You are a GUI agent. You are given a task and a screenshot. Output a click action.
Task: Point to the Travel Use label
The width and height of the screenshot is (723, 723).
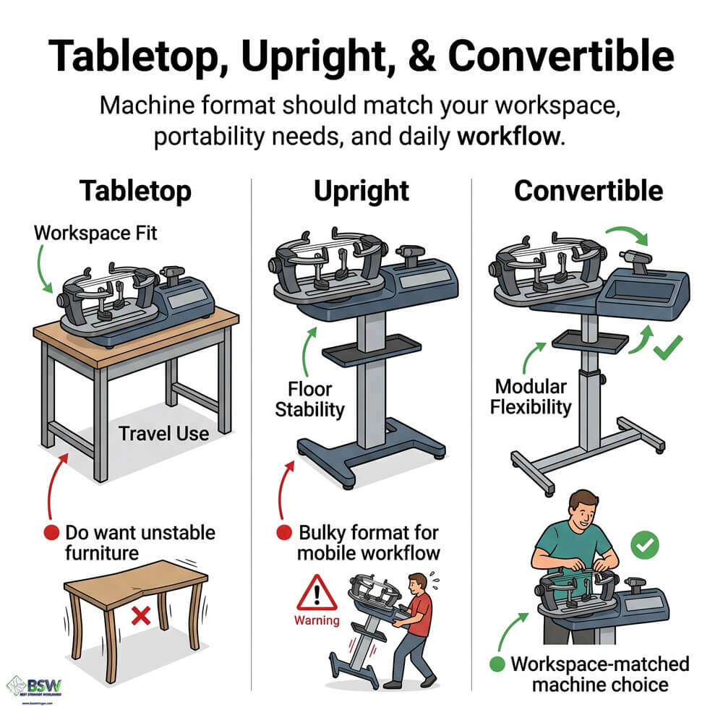pos(163,434)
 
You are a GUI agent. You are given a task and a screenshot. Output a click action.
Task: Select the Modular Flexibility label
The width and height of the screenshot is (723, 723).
pos(531,396)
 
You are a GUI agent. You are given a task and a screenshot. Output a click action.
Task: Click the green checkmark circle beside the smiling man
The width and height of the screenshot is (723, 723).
pos(641,546)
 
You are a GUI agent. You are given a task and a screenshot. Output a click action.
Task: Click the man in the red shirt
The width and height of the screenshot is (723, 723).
pos(417,622)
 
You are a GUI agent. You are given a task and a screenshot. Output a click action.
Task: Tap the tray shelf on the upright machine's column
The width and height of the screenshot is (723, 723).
pos(368,354)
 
